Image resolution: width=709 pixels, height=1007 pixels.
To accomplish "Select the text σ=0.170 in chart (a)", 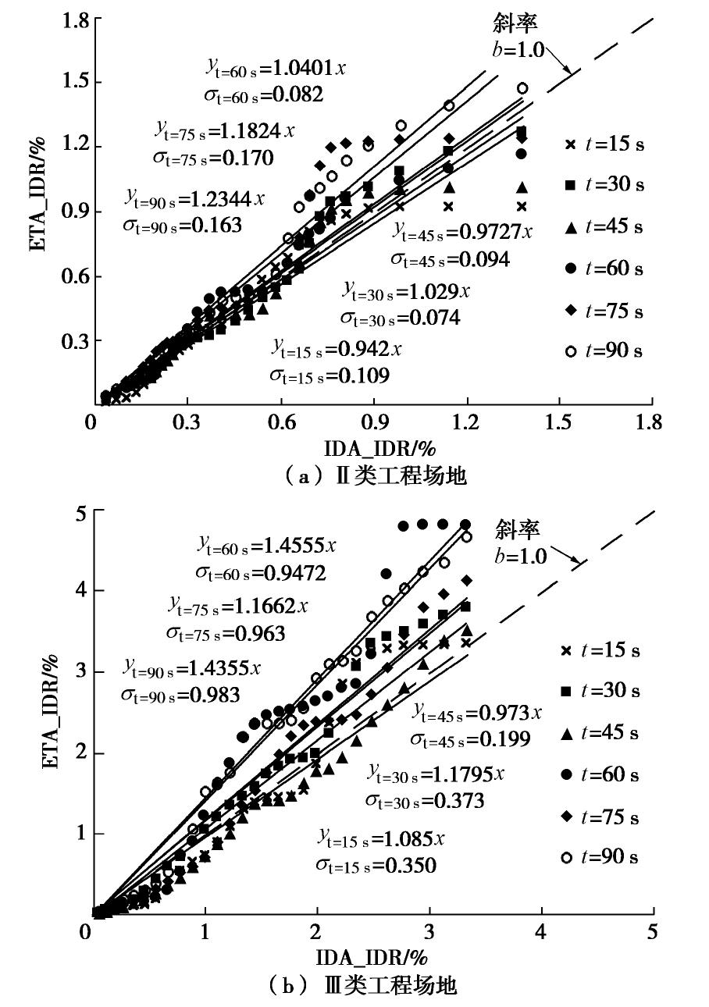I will coord(213,158).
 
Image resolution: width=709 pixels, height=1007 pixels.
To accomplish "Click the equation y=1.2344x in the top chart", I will coord(194,198).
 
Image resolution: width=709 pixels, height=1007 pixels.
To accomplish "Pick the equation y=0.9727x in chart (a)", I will coord(462,232).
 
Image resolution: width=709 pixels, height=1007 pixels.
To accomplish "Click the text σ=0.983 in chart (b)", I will coord(180,694).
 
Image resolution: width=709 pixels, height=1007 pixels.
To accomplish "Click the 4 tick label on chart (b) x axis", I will coord(540,932).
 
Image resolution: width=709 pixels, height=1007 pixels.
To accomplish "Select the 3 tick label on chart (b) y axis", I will coord(77,672).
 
